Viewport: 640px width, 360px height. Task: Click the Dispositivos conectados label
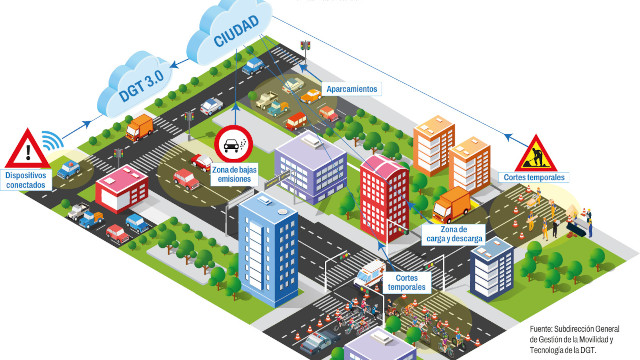[27, 181]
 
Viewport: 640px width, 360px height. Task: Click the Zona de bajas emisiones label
[234, 175]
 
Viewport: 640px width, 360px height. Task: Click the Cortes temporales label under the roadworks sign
[535, 178]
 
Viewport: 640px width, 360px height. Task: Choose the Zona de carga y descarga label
[459, 236]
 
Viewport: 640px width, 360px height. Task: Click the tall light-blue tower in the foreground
[267, 247]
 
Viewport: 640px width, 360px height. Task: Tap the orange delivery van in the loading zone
[453, 205]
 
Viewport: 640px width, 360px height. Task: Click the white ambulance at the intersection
[370, 272]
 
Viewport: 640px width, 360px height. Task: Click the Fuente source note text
[578, 339]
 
